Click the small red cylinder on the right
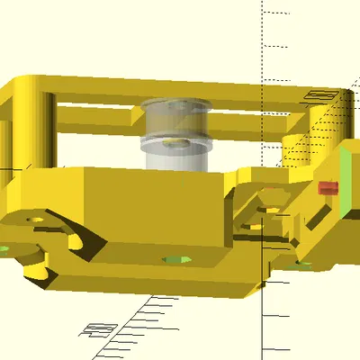(328, 188)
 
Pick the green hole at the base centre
(176, 260)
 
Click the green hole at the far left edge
(4, 247)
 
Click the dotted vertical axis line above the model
(263, 36)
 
